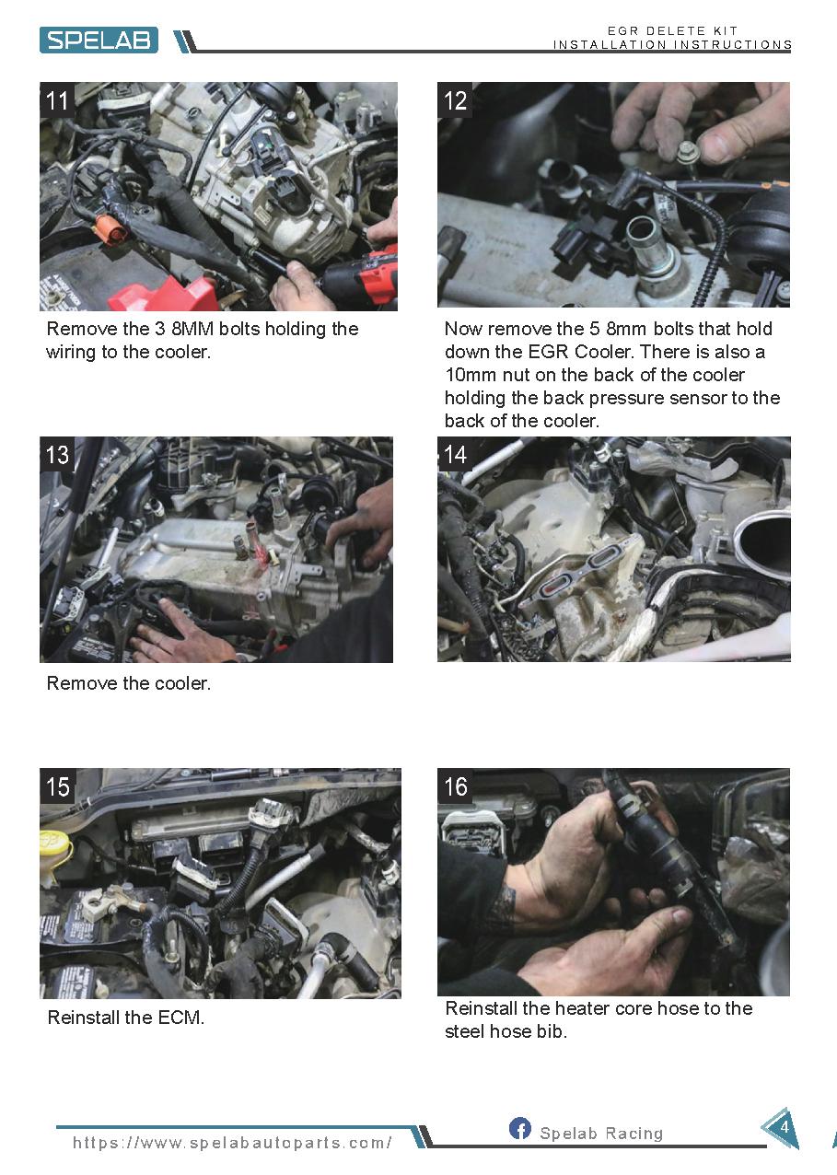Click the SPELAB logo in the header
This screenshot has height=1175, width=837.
99,40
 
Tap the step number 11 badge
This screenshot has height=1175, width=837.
57,100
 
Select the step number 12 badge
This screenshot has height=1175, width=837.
455,100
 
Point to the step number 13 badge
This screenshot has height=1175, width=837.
57,454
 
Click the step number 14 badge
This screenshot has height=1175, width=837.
455,454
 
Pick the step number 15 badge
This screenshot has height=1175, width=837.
57,786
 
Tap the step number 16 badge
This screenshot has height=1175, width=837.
455,786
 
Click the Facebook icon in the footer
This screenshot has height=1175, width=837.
519,1127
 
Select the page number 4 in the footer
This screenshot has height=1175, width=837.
785,1127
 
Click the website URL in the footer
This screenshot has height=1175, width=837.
232,1142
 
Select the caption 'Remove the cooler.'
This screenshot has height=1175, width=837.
129,683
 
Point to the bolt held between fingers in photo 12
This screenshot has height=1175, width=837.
686,151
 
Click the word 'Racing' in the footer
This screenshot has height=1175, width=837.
634,1133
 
